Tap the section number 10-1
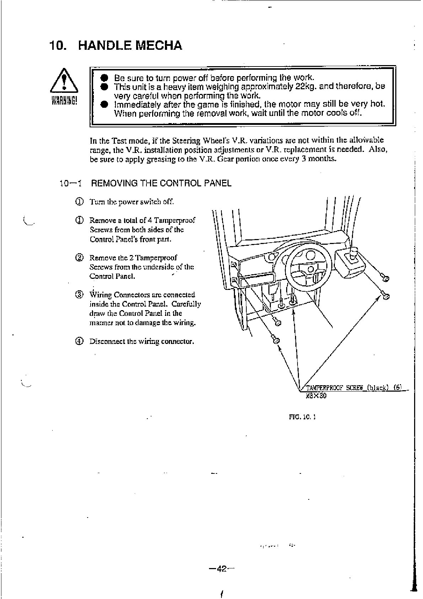[71, 184]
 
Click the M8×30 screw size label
[316, 396]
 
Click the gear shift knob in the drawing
[354, 253]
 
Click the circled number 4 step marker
[79, 341]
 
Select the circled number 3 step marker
[79, 295]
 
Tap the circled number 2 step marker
[79, 258]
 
